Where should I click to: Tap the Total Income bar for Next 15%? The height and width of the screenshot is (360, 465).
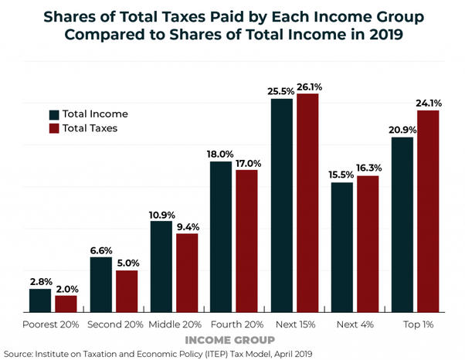(x=282, y=205)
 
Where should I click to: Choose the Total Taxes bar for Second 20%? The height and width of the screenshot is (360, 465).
(x=127, y=291)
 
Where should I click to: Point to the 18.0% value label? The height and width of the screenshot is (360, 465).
(x=221, y=155)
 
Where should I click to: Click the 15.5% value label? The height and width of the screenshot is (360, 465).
(x=341, y=175)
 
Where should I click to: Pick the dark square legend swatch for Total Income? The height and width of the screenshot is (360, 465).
(x=53, y=114)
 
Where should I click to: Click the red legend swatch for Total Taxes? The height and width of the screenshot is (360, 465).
(x=53, y=128)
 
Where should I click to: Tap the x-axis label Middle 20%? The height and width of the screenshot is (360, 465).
(x=175, y=324)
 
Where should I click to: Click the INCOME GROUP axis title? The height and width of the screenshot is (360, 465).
(x=229, y=340)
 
